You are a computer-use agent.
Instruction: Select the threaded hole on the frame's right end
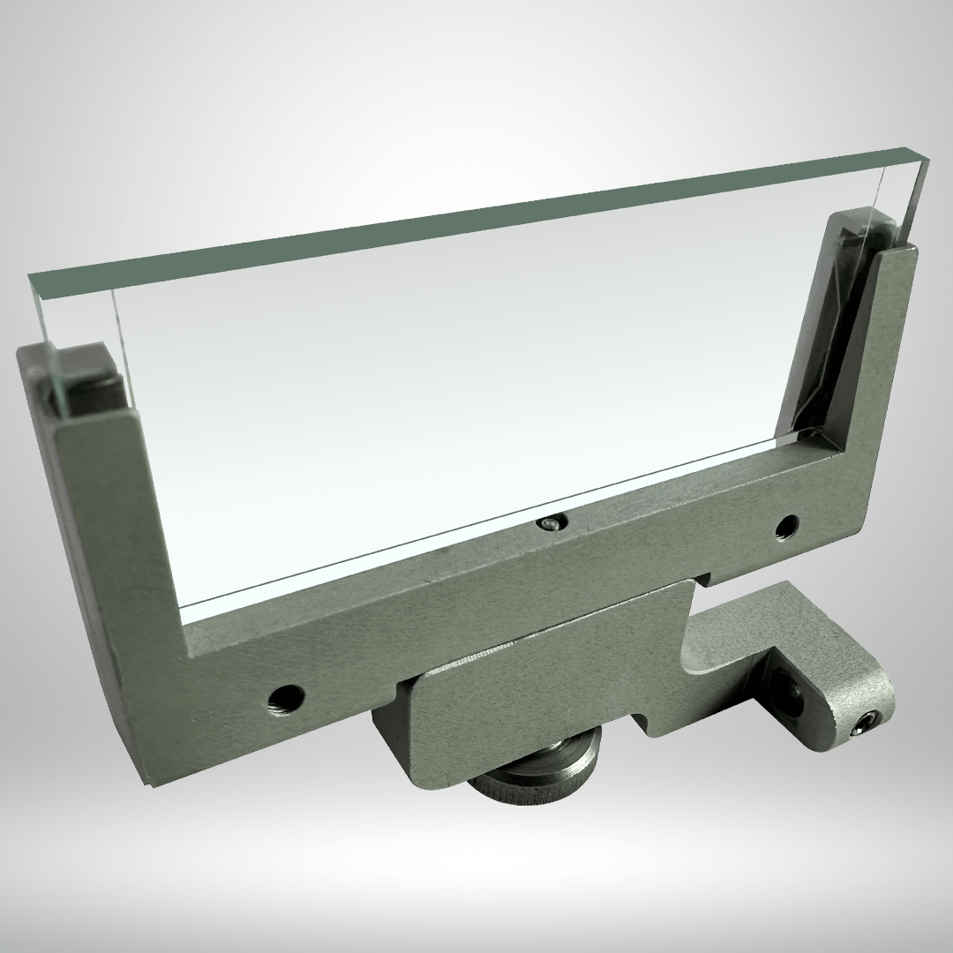pos(784,529)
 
